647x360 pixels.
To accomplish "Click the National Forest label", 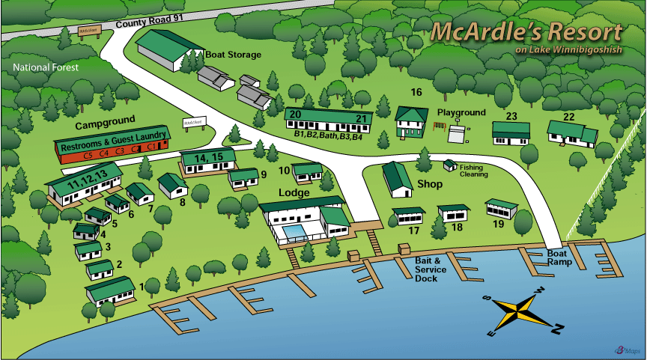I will pyautogui.click(x=46, y=67).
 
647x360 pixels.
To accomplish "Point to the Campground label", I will pyautogui.click(x=105, y=120).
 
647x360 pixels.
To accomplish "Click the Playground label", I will pyautogui.click(x=461, y=113).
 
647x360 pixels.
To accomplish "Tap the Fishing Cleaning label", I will pyautogui.click(x=473, y=171).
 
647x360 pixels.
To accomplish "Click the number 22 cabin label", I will pyautogui.click(x=568, y=117).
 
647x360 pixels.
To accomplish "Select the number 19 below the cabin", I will pyautogui.click(x=498, y=224).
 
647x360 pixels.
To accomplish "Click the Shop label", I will pyautogui.click(x=429, y=183).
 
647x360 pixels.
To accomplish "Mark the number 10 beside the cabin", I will pyautogui.click(x=284, y=170).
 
